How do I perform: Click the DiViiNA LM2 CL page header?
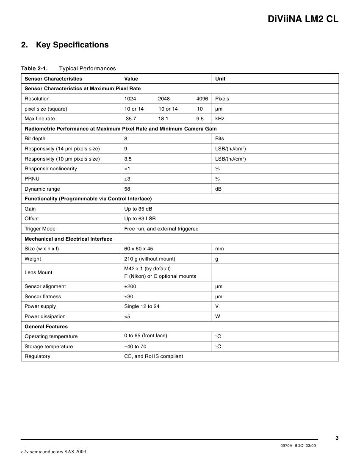point(303,19)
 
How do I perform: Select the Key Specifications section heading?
point(72,45)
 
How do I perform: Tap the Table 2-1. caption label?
point(34,69)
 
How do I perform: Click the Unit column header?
point(220,79)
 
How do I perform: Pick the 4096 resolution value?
point(202,99)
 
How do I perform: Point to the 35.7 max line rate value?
point(131,119)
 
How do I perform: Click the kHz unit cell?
point(220,119)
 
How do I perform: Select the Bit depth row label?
point(35,139)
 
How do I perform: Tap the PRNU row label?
point(32,179)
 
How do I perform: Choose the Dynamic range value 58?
point(127,189)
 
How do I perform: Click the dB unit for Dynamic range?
point(219,189)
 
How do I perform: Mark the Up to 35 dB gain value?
point(138,209)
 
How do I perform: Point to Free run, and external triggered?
point(161,229)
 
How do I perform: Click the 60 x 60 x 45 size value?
point(138,249)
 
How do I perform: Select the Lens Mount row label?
point(39,272)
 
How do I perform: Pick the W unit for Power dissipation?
point(218,316)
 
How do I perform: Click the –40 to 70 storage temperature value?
point(135,347)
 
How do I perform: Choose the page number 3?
point(337,438)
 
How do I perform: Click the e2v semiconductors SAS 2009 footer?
point(54,452)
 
